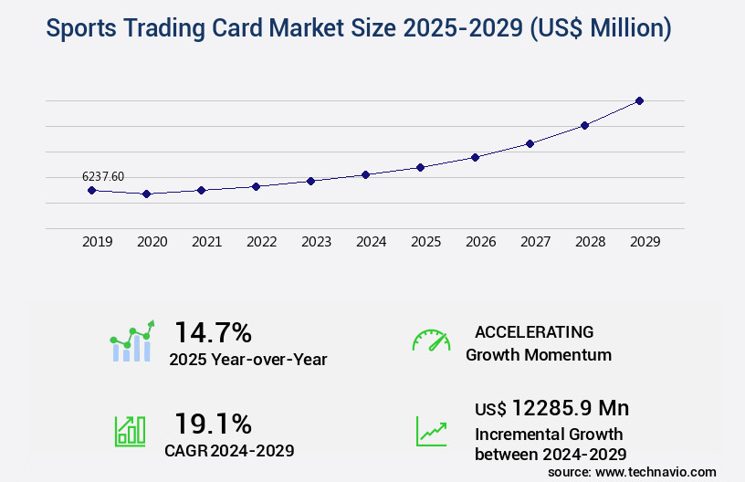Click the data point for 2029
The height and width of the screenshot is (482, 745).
639,100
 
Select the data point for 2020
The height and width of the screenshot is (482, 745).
146,194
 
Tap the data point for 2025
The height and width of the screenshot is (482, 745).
420,167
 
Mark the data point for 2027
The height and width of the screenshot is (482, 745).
530,143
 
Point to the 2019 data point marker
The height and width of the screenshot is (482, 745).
91,190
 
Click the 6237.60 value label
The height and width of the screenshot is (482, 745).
103,176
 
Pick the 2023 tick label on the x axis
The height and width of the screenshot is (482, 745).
316,242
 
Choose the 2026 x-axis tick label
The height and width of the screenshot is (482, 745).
480,242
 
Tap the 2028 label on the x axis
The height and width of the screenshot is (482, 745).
590,242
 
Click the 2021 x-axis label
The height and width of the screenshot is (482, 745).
206,242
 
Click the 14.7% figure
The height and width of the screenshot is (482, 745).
213,331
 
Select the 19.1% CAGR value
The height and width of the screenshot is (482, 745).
213,424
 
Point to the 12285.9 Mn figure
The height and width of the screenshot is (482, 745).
570,407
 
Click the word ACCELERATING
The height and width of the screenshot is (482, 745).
534,331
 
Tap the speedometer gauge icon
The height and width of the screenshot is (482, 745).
431,340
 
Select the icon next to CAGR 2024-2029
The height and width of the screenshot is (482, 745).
130,430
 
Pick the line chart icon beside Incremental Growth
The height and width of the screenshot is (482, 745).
431,431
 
